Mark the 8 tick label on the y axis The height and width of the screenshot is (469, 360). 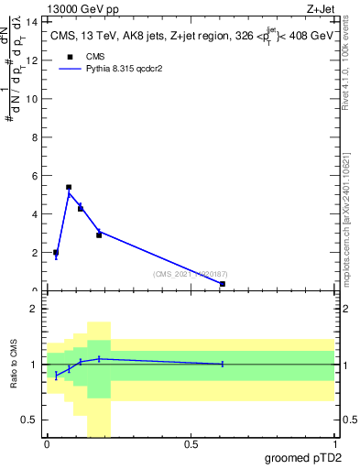click(x=35, y=136)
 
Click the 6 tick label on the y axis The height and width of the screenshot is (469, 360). click(x=35, y=175)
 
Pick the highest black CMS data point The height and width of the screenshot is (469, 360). click(x=69, y=187)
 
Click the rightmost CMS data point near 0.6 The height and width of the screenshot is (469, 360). click(x=223, y=284)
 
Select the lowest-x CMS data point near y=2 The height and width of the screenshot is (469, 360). click(x=56, y=253)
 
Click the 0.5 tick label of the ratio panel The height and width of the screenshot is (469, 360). click(x=30, y=420)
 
